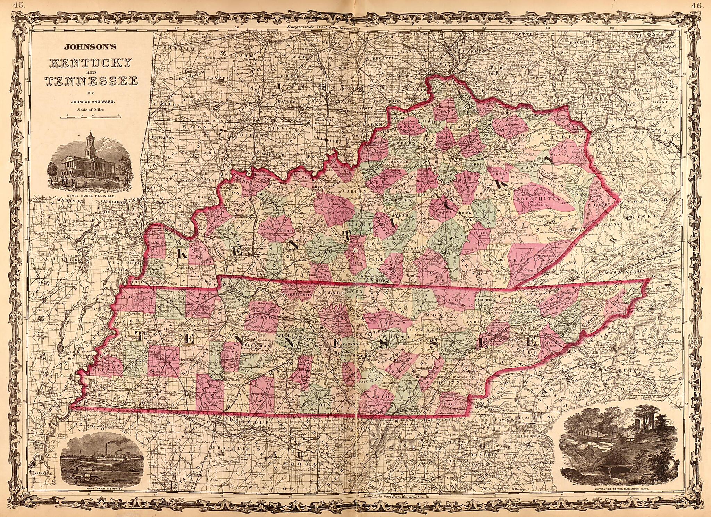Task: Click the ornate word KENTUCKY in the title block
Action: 91,63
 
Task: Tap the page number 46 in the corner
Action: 695,5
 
